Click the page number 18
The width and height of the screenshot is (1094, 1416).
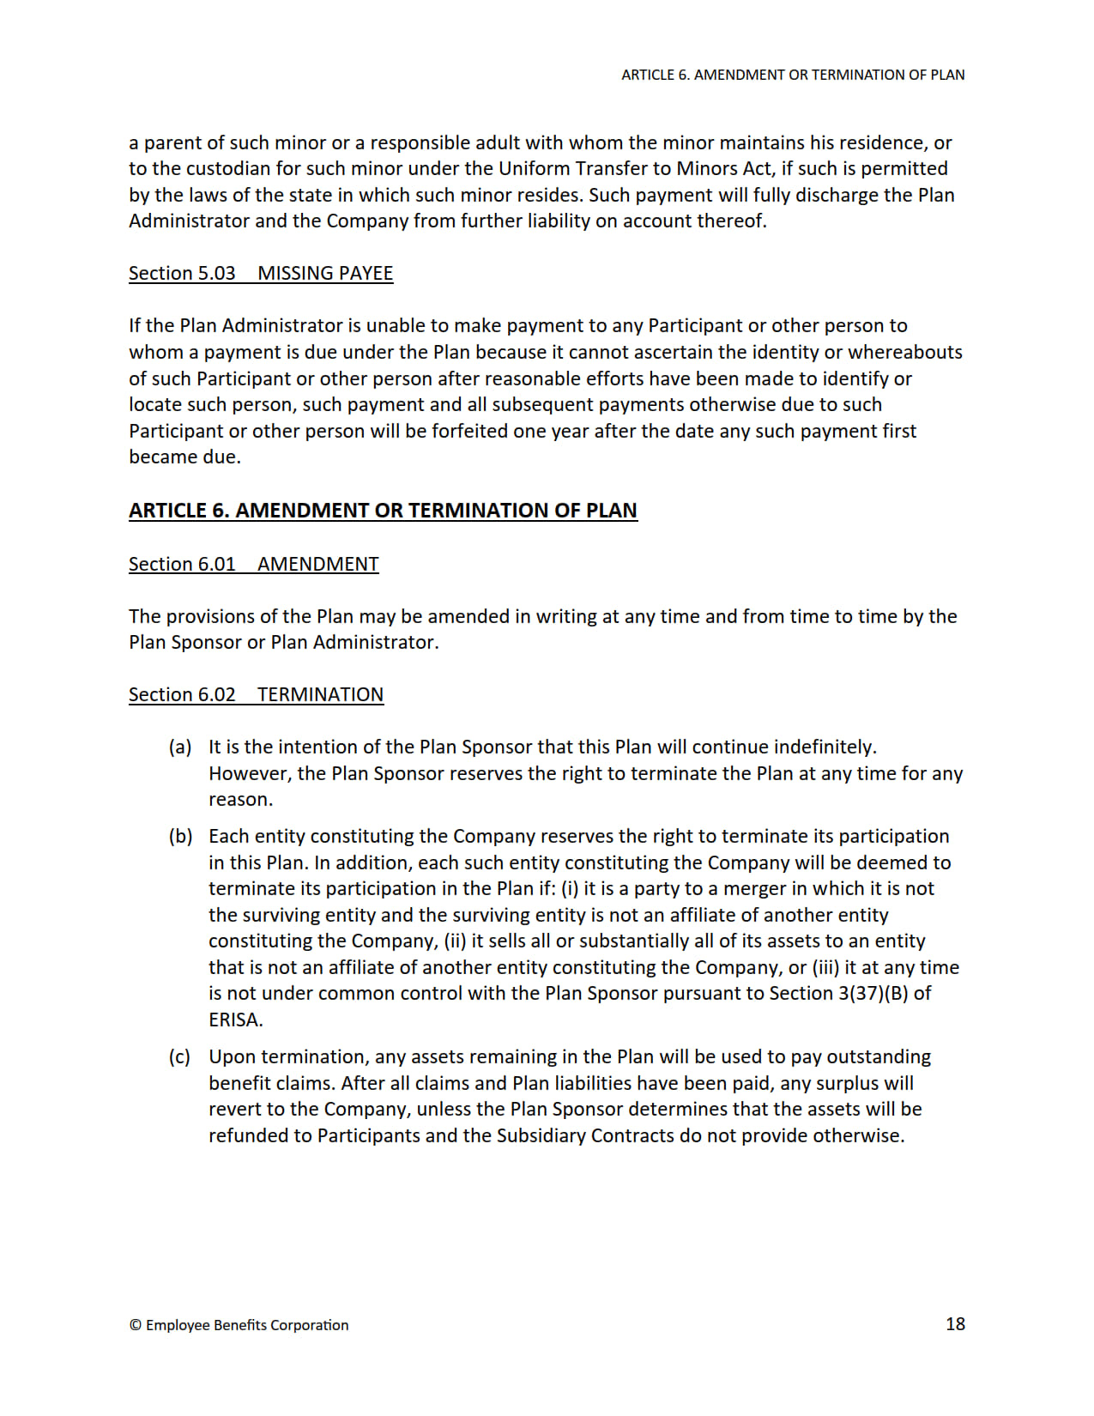(955, 1323)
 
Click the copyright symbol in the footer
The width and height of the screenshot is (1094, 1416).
(135, 1325)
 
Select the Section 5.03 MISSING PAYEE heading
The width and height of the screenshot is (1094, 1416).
(261, 273)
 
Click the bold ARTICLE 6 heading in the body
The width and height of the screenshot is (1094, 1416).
(383, 510)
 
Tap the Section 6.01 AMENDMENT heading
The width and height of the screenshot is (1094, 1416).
(253, 564)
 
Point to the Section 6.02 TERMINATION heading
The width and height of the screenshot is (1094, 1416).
(256, 694)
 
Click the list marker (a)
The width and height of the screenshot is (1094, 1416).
(180, 747)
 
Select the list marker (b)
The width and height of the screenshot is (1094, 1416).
(180, 836)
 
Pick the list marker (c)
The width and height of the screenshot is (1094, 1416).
(179, 1056)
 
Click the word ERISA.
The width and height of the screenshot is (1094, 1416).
(235, 1020)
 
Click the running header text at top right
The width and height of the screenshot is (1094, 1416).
(793, 75)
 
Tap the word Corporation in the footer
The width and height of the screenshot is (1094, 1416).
(309, 1325)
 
